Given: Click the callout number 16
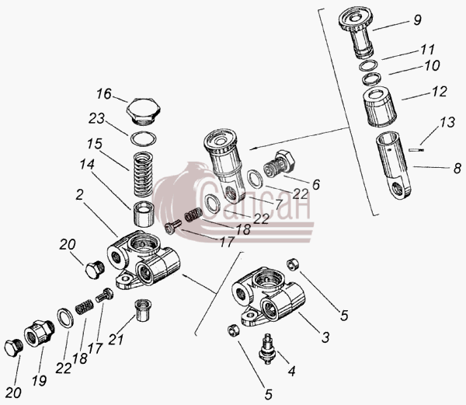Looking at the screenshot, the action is coord(104,94).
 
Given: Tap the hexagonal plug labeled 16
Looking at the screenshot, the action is coord(144,113).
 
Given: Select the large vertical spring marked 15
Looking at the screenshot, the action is coord(144,174).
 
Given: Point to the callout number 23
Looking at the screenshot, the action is coord(96,118).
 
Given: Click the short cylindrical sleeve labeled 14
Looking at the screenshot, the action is coord(143,214).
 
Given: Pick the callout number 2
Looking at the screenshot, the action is coord(79,195).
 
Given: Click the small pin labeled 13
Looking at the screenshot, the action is coord(416,150).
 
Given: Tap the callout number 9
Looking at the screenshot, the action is coord(417,20).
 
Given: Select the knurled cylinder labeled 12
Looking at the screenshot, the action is coord(380,106).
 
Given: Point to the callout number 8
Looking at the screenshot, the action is coord(457,168).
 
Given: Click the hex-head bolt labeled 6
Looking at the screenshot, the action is coord(280,165).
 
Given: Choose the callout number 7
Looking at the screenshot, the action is coord(279,204).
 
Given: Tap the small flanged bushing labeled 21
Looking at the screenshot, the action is coord(142,310).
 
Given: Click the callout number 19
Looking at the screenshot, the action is coord(40,380).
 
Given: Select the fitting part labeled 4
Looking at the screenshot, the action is coord(267,349).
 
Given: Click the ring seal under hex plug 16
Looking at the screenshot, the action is coord(144,138).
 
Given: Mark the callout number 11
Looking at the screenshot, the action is coord(428,49).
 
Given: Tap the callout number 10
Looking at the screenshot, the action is coord(432,65).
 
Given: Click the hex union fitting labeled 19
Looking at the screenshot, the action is coord(40,333).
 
